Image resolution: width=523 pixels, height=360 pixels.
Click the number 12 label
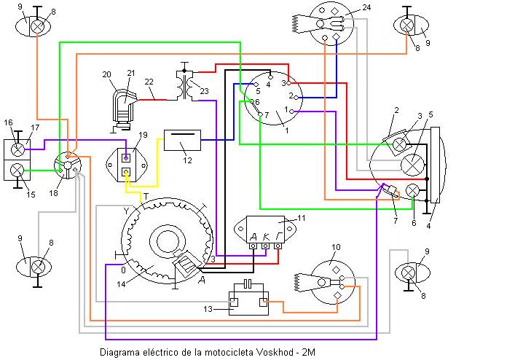(187, 159)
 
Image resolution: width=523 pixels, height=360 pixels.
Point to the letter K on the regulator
(266, 235)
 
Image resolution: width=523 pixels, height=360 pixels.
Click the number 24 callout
(366, 8)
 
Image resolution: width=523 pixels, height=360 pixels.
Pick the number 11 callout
(302, 218)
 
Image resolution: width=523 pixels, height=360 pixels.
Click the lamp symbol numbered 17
(19, 148)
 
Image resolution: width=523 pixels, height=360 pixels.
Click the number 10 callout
(335, 248)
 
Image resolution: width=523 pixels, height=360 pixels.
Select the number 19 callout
(143, 135)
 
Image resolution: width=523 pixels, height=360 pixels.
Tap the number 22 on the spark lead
(149, 81)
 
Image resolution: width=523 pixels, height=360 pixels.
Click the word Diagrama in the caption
(119, 353)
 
